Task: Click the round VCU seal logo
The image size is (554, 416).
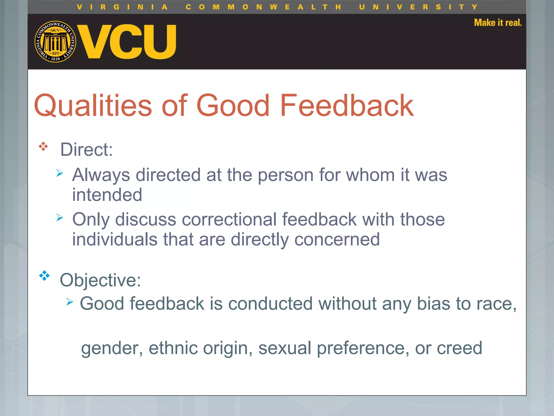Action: (x=55, y=41)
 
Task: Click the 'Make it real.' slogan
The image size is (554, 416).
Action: (x=497, y=23)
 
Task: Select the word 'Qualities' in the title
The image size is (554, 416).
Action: (x=93, y=106)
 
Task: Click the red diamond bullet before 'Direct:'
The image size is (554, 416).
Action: (x=43, y=147)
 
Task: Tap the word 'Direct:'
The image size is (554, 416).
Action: (x=86, y=149)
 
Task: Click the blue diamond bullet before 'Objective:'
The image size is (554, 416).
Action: (x=44, y=276)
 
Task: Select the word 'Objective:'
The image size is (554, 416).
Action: (x=100, y=280)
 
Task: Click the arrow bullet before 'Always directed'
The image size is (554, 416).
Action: (x=60, y=173)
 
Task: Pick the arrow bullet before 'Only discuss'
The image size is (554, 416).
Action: (x=60, y=217)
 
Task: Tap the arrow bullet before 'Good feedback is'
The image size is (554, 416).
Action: (x=70, y=301)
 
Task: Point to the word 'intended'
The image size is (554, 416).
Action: (x=107, y=195)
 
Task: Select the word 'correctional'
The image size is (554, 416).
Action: (x=229, y=219)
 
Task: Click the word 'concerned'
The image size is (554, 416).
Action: (x=337, y=239)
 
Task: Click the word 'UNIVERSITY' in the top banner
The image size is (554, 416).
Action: (x=418, y=7)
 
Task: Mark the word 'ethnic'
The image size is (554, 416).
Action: (x=173, y=348)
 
